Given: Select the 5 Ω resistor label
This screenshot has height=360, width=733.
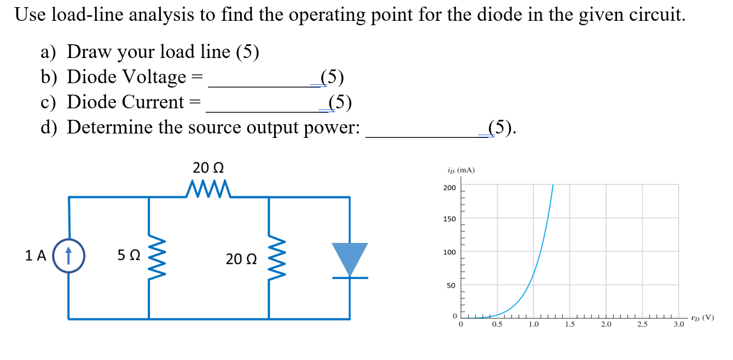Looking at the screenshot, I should point(129,256).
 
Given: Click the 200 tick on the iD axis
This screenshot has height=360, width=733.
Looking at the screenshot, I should point(449,188).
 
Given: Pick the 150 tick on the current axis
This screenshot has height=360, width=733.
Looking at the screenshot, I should point(449,219).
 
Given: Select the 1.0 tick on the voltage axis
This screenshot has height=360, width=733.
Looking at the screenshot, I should point(533,326).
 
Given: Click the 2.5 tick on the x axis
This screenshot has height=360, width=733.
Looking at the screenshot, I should point(642,326).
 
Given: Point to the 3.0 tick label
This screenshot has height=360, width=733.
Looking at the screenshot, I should point(678,326).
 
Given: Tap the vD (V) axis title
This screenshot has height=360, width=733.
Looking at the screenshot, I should point(702,317).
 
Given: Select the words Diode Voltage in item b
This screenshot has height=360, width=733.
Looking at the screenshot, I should point(126,77).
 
